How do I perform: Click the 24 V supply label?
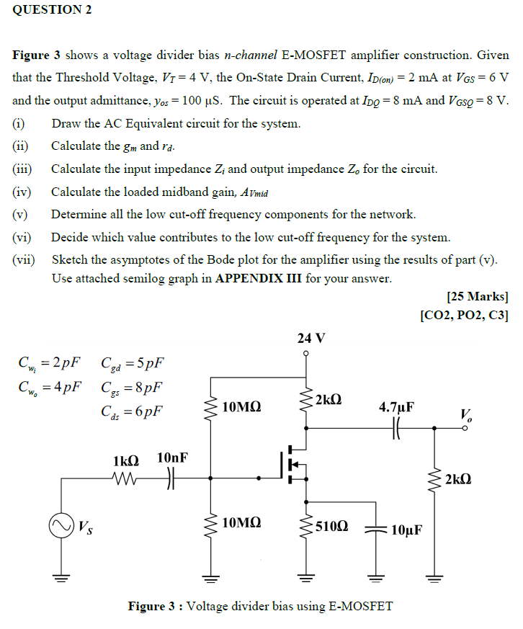[310, 337]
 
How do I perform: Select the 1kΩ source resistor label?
[125, 459]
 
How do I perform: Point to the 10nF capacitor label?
[173, 458]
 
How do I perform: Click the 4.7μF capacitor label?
[397, 407]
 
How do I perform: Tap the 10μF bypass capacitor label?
[406, 531]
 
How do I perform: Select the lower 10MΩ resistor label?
[242, 523]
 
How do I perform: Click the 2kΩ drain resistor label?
[328, 399]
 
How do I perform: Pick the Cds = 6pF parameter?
[133, 412]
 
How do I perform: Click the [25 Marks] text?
[478, 295]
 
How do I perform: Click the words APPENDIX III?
[258, 279]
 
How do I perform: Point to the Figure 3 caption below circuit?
[260, 606]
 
